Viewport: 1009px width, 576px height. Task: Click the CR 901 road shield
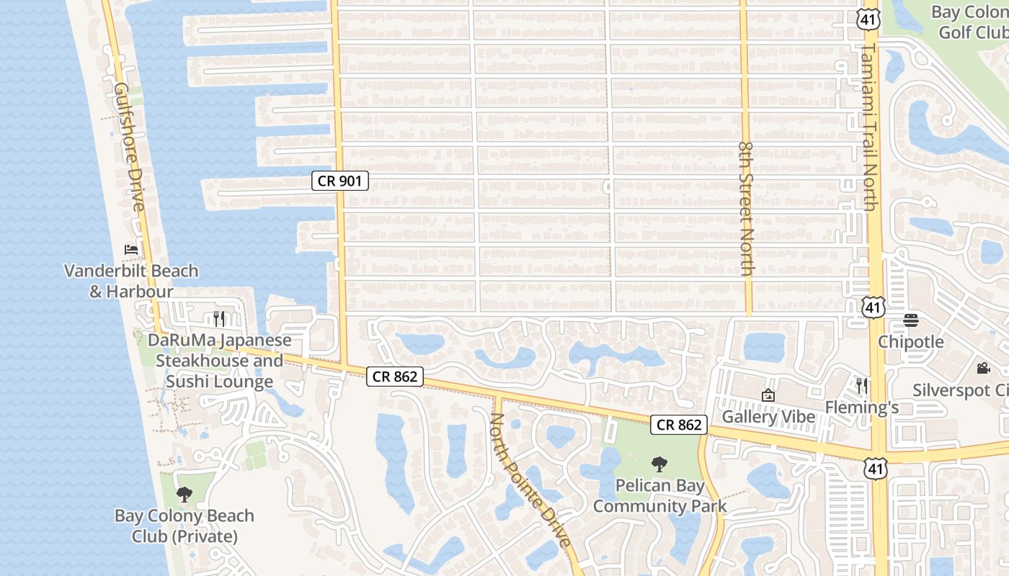340,181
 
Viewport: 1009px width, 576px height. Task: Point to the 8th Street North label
746,207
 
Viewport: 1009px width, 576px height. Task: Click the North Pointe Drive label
530,480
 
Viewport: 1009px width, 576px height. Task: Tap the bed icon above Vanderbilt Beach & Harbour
131,250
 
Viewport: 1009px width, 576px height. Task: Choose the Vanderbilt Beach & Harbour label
131,281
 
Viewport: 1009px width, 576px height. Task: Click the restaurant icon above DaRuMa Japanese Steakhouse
219,318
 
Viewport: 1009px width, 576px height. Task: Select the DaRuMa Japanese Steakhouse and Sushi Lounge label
220,361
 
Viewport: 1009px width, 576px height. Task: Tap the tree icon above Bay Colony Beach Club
185,494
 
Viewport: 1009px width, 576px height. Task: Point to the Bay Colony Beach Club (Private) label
185,526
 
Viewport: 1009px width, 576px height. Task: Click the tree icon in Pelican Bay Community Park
659,464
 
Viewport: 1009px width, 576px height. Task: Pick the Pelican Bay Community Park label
659,496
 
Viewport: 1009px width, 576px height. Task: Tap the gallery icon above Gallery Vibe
768,395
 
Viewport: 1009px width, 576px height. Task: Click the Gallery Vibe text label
768,417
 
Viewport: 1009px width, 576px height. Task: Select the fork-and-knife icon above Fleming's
861,386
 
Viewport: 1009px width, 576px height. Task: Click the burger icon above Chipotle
911,320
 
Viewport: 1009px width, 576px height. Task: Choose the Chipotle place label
911,341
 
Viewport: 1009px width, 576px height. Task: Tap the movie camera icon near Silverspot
983,369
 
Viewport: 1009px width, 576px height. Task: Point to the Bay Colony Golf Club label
969,22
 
